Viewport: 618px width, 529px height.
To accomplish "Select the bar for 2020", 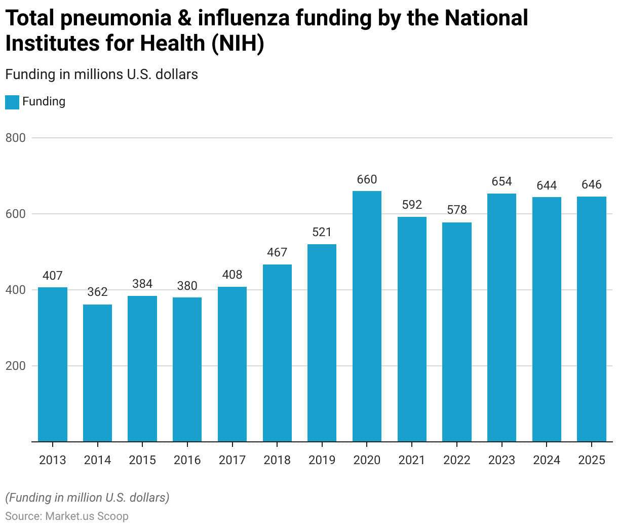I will tap(367, 316).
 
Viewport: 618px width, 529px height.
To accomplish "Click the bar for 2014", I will tap(97, 373).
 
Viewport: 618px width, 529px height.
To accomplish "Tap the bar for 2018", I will tap(277, 353).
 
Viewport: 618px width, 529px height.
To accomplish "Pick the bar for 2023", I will tap(501, 318).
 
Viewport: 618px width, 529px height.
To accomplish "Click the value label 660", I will tap(367, 179).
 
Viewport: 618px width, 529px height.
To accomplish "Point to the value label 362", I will tap(97, 292).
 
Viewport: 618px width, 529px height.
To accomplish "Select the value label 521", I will tap(322, 232).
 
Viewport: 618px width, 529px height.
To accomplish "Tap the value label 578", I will tap(457, 210).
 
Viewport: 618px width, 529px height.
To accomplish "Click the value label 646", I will tap(592, 184).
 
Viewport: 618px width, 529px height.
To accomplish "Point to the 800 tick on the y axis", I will tap(15, 138).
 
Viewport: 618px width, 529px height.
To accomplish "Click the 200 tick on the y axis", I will tap(15, 366).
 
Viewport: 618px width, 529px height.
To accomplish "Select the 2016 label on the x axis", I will tap(187, 460).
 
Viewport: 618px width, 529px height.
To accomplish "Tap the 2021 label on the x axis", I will tap(412, 460).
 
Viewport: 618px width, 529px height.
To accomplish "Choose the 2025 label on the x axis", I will tap(592, 460).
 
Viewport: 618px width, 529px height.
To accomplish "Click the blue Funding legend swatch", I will tap(12, 102).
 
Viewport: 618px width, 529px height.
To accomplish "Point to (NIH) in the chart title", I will tap(237, 44).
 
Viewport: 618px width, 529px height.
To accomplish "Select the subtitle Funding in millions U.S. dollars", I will tap(101, 74).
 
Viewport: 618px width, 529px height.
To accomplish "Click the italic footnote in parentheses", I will tap(87, 498).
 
